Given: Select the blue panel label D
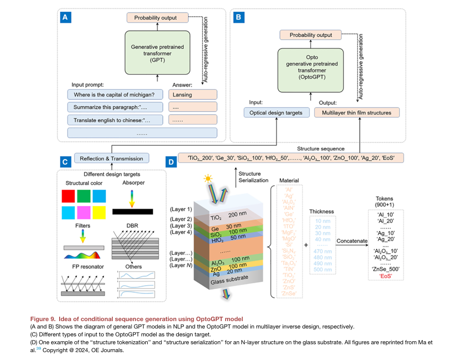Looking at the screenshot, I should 171,162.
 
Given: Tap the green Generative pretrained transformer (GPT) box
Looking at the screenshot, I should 156,51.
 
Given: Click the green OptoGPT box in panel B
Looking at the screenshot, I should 310,70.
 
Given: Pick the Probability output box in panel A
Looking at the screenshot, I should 158,18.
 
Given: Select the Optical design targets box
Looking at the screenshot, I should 275,113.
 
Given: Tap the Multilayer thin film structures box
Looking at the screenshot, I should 357,113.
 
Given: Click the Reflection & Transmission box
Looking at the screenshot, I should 111,158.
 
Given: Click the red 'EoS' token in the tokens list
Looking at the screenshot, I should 385,277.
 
